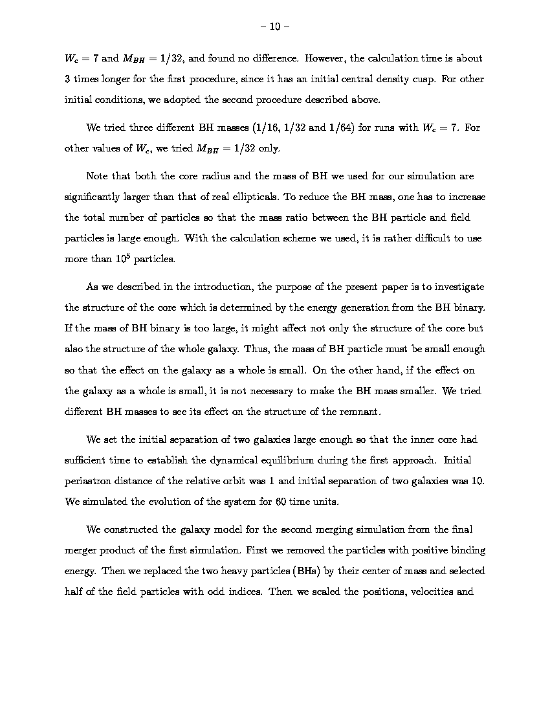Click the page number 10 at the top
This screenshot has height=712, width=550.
pyautogui.click(x=275, y=27)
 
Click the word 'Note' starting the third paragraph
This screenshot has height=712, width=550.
pyautogui.click(x=96, y=176)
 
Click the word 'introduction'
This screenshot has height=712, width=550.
pyautogui.click(x=222, y=287)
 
